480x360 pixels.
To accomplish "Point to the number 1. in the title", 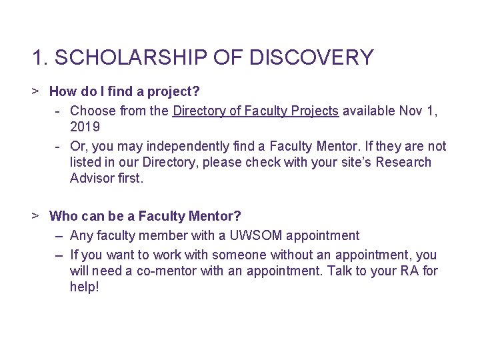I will coord(40,57).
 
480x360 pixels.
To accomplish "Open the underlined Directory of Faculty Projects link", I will coord(255,111).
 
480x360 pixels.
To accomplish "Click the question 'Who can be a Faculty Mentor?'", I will coord(145,216).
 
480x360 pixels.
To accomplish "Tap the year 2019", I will coord(85,127).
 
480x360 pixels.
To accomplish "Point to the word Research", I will coord(403,162).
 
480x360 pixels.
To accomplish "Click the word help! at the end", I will coord(84,287).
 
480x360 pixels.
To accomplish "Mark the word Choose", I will coord(93,111).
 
